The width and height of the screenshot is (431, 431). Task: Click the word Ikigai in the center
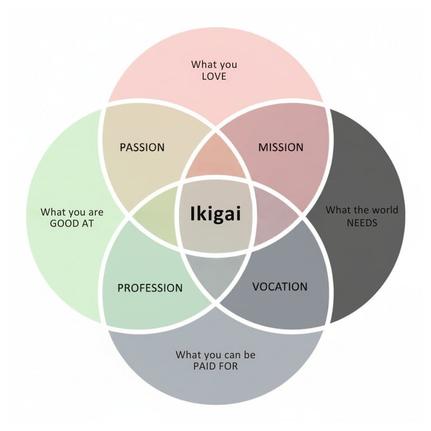click(215, 214)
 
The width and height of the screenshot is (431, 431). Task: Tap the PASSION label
click(142, 148)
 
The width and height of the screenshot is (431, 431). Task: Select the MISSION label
click(281, 148)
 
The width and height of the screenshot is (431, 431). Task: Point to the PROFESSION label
click(150, 288)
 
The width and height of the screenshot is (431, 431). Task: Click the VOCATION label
click(279, 287)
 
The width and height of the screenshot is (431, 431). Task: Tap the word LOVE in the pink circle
click(214, 76)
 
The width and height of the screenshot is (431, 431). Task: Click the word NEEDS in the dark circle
click(362, 222)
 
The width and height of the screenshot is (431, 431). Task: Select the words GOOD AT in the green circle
click(72, 223)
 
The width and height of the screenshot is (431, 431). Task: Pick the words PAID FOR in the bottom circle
click(215, 366)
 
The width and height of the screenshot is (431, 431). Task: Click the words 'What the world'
click(362, 210)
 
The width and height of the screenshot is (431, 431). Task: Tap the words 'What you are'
click(72, 212)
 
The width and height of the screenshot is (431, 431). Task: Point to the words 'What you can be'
click(215, 355)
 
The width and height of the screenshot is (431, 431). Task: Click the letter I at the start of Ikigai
click(193, 214)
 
